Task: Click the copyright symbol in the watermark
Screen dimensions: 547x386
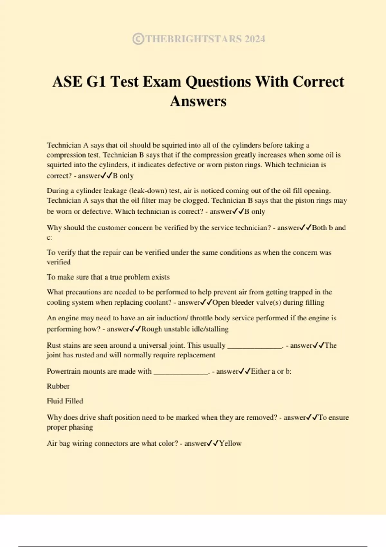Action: [138, 39]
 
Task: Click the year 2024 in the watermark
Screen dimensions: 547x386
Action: [255, 39]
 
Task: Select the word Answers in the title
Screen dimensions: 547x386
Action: [198, 101]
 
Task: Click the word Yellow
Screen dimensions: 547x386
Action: [230, 443]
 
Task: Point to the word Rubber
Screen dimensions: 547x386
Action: [58, 386]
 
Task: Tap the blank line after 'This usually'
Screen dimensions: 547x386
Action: [254, 346]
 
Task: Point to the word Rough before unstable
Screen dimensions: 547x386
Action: [152, 329]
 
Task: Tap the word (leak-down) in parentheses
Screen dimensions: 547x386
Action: [150, 191]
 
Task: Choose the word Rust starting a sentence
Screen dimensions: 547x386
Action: [53, 345]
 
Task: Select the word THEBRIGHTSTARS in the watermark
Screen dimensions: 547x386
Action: [193, 39]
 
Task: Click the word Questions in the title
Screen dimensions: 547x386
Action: [218, 81]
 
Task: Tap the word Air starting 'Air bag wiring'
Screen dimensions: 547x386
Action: [52, 443]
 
